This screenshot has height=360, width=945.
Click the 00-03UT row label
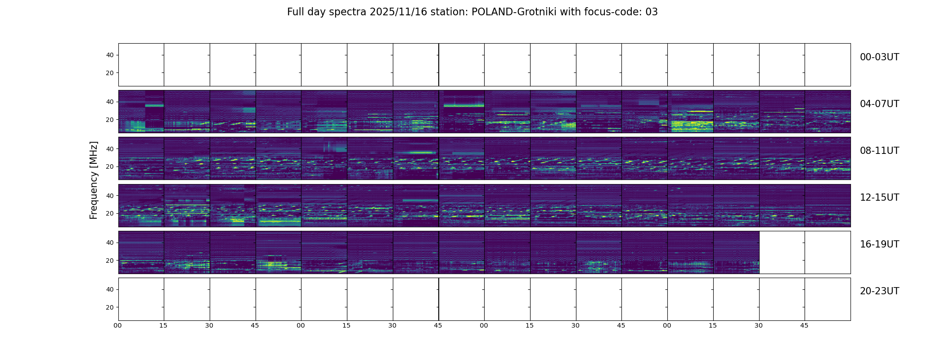[x=879, y=57]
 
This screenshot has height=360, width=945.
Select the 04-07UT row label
[x=879, y=104]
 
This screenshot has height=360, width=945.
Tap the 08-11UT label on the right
[x=879, y=151]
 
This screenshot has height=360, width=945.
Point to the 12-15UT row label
[x=879, y=198]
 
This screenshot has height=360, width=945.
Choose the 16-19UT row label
[x=879, y=244]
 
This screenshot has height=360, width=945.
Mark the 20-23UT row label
[x=879, y=291]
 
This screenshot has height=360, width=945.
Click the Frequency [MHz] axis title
[x=94, y=180]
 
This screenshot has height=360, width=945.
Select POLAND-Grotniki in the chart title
[x=513, y=12]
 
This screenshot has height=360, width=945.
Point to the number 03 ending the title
[x=652, y=12]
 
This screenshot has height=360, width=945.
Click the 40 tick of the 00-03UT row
[x=110, y=55]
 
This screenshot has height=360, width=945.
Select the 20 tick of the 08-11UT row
[x=110, y=166]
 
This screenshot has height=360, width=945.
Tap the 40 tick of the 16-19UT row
[x=110, y=243]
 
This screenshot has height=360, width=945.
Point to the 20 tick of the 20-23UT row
[x=110, y=307]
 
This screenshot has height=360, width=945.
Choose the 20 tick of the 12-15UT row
[x=110, y=213]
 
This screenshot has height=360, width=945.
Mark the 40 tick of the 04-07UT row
[x=110, y=102]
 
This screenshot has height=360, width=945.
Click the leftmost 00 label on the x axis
[x=118, y=325]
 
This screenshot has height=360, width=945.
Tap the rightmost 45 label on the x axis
[x=804, y=325]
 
